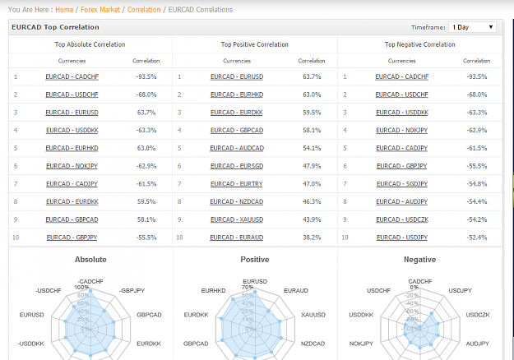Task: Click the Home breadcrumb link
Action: (64, 10)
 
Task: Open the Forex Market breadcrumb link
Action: (100, 10)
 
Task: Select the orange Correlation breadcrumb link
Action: (144, 10)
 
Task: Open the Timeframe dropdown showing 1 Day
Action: (472, 27)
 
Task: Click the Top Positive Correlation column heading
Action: (255, 44)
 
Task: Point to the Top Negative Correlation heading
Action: (420, 44)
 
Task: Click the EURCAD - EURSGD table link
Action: (237, 166)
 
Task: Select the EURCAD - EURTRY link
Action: (237, 184)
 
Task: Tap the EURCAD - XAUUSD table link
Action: (237, 219)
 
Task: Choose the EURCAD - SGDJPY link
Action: (402, 184)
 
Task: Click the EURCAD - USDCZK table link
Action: (402, 219)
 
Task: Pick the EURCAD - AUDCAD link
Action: (237, 148)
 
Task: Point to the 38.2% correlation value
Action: (312, 238)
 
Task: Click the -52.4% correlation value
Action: (477, 238)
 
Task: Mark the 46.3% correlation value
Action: (312, 201)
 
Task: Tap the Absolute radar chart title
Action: (90, 260)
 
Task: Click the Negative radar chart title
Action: (420, 260)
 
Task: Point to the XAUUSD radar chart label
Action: (313, 315)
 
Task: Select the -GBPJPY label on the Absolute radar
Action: (132, 291)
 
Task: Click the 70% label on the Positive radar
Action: (248, 288)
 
